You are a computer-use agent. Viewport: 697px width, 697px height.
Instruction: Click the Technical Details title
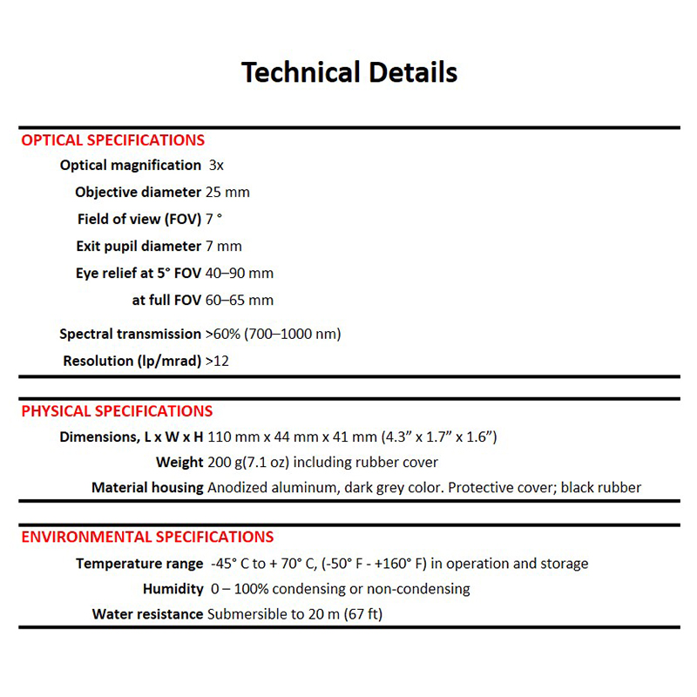click(x=348, y=71)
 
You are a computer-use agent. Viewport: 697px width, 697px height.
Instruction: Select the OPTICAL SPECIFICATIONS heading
click(x=113, y=140)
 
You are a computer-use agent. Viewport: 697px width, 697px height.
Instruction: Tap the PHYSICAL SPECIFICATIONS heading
click(x=117, y=411)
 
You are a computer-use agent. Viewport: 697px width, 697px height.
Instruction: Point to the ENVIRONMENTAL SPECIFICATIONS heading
click(x=147, y=537)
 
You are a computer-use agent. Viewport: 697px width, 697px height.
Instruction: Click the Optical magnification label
click(x=130, y=166)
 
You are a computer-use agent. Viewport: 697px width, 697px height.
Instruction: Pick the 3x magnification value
click(x=217, y=166)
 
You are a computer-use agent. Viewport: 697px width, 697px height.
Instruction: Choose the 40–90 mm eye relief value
click(x=240, y=274)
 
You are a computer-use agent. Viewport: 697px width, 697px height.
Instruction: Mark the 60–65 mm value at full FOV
click(x=240, y=301)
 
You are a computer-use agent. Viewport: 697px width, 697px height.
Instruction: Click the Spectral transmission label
click(x=130, y=334)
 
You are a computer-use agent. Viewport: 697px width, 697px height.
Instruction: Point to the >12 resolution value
click(x=217, y=361)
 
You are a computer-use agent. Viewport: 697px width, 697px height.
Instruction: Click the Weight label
click(x=179, y=462)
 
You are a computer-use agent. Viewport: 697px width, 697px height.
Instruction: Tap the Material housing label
click(x=147, y=488)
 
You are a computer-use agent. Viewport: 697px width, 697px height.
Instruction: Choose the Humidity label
click(x=173, y=589)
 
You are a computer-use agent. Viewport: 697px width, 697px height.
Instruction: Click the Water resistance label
click(x=147, y=614)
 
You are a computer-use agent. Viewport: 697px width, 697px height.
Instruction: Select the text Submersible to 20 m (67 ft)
click(x=294, y=614)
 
